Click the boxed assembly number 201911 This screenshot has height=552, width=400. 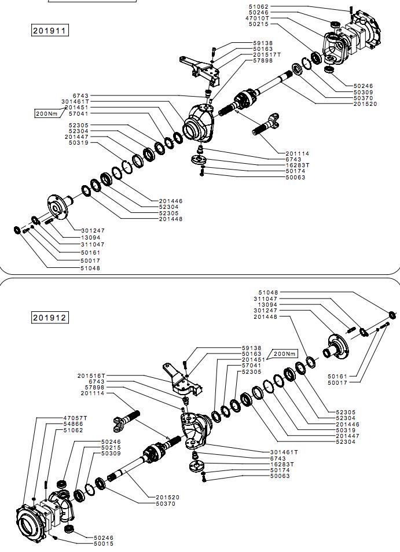click(50, 30)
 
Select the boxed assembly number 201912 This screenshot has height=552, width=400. click(50, 317)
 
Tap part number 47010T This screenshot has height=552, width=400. click(257, 19)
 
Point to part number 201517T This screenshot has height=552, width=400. click(267, 55)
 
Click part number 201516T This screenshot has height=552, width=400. click(91, 376)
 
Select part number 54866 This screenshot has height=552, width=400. click(74, 424)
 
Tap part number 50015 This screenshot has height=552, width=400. click(104, 543)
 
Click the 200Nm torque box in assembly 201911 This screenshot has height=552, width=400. click(47, 113)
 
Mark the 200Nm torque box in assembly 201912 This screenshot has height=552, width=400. click(284, 354)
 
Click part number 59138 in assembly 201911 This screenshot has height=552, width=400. click(263, 43)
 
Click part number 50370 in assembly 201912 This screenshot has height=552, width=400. click(165, 503)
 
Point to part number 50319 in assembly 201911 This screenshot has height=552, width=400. click(79, 142)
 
